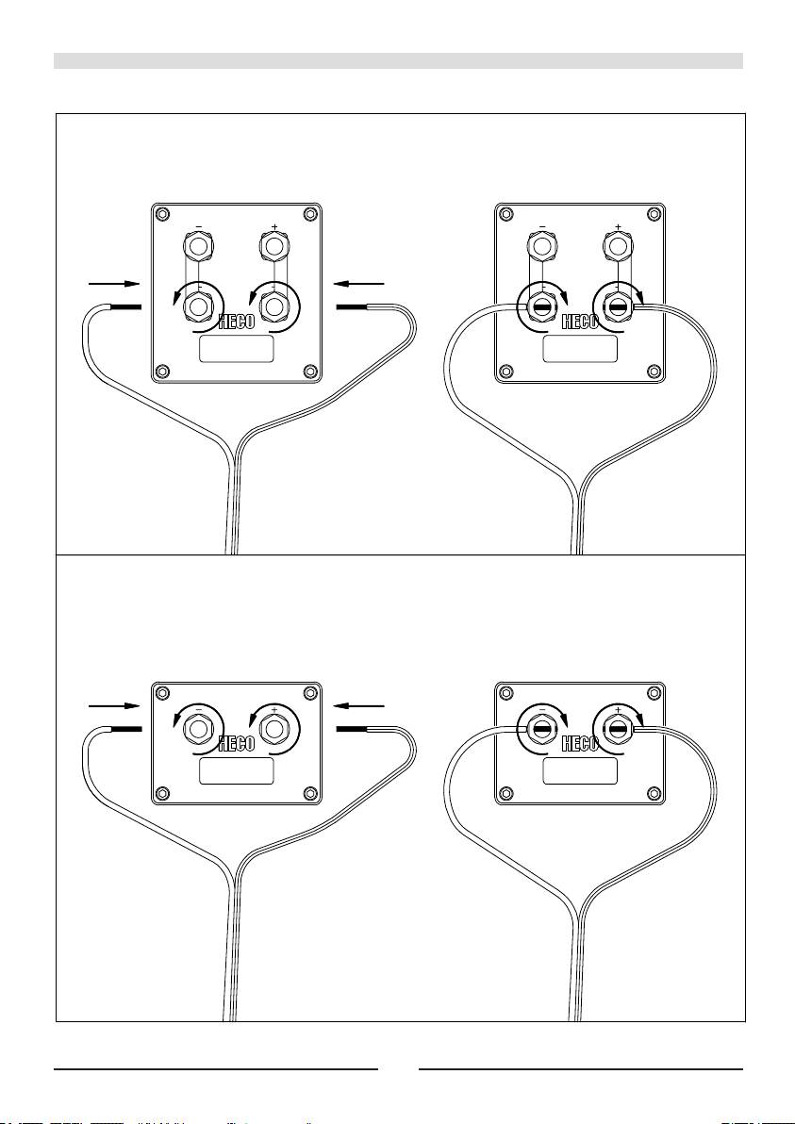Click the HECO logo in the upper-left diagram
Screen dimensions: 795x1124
pos(236,322)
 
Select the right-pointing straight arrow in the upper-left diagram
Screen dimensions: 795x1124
pos(112,281)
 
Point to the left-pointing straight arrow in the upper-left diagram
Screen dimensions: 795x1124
pos(360,281)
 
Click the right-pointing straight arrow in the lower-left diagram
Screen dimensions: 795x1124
pos(112,703)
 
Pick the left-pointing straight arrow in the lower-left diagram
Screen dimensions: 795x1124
pos(360,703)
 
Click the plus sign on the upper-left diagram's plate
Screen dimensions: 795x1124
pos(274,227)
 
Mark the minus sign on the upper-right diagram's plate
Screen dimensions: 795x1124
pos(542,227)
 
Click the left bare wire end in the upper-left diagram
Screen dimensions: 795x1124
pos(126,306)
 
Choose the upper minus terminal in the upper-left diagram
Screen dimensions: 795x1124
pos(199,248)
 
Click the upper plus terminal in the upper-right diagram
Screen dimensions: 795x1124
pos(618,248)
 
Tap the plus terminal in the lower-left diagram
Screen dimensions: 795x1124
pos(274,729)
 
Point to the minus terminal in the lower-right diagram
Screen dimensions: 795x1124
pos(542,729)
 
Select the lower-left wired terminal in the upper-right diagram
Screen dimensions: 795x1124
pos(542,306)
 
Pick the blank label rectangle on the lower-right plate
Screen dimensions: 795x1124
pos(580,771)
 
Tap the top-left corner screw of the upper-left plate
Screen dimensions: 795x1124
pos(162,213)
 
